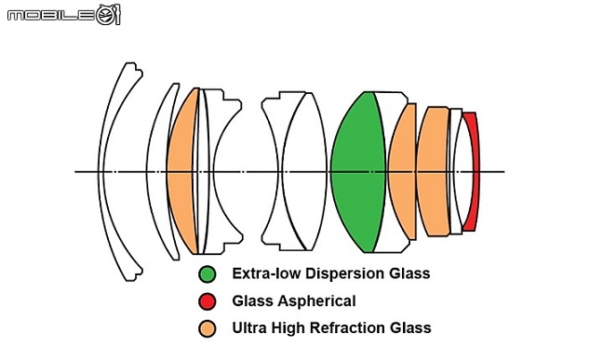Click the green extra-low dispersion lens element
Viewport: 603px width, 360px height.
pos(357,172)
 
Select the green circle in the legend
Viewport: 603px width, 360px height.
pos(208,274)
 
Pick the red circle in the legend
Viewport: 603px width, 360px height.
pos(208,301)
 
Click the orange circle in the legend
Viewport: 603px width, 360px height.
pos(208,329)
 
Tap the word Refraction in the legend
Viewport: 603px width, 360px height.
pos(347,327)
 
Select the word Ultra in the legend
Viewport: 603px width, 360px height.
pos(249,327)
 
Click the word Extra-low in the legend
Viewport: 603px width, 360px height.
pos(267,273)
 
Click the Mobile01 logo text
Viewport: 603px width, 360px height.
pos(51,16)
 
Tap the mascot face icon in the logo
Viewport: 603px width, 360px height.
pos(109,15)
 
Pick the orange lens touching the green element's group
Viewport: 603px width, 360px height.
pos(403,172)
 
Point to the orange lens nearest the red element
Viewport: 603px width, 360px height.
pos(433,172)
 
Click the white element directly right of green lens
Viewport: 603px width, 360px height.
pos(395,115)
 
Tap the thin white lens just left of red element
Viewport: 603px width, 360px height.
pos(457,172)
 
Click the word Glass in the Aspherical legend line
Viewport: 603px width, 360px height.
pos(252,300)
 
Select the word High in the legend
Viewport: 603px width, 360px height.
pos(288,327)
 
